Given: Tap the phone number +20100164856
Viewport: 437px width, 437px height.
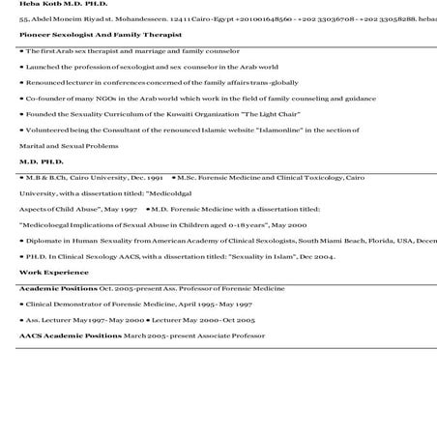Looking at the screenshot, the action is pyautogui.click(x=228, y=19).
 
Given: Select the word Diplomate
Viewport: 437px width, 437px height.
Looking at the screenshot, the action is pyautogui.click(x=48, y=240).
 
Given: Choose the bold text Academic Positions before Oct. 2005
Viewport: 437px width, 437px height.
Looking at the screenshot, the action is pyautogui.click(x=58, y=288).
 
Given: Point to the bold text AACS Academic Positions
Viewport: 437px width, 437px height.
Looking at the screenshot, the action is pyautogui.click(x=71, y=335).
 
